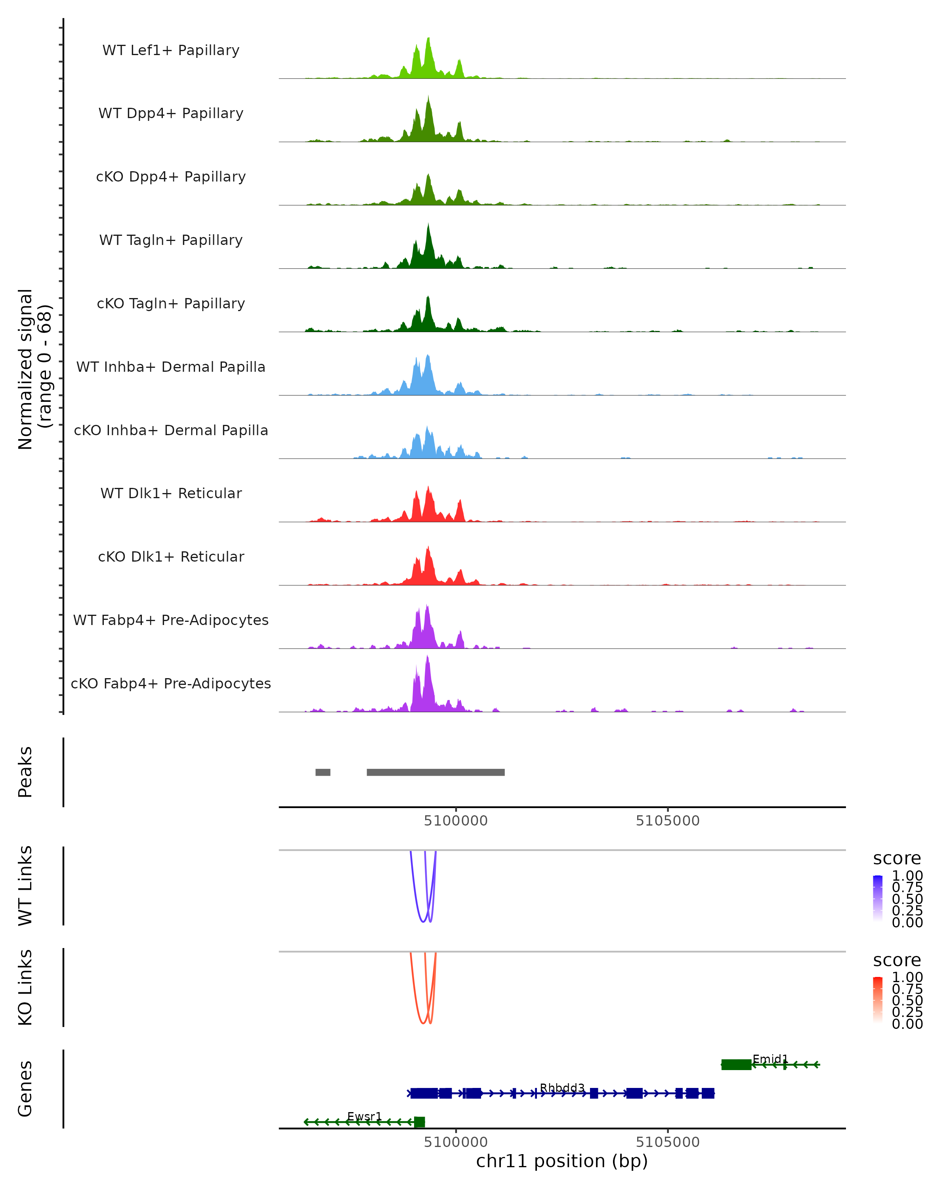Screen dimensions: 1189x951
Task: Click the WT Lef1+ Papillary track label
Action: coord(171,50)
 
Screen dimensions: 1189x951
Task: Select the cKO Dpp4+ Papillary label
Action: coord(171,177)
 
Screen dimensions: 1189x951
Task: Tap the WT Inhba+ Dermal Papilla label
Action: coord(171,367)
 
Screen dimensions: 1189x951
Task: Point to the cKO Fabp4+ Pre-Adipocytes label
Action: coord(171,684)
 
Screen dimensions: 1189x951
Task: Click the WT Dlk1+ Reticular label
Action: coord(171,493)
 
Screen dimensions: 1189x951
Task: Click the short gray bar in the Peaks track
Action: coord(323,772)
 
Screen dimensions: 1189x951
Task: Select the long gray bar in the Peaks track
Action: coord(435,772)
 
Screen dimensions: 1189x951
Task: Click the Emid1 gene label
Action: coord(770,1059)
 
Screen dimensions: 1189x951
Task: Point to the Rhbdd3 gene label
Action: coord(562,1088)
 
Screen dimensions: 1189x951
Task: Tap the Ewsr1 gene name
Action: coord(365,1116)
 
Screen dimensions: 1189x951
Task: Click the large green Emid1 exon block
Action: coord(736,1065)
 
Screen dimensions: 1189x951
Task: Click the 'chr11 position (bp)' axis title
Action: coord(562,1161)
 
